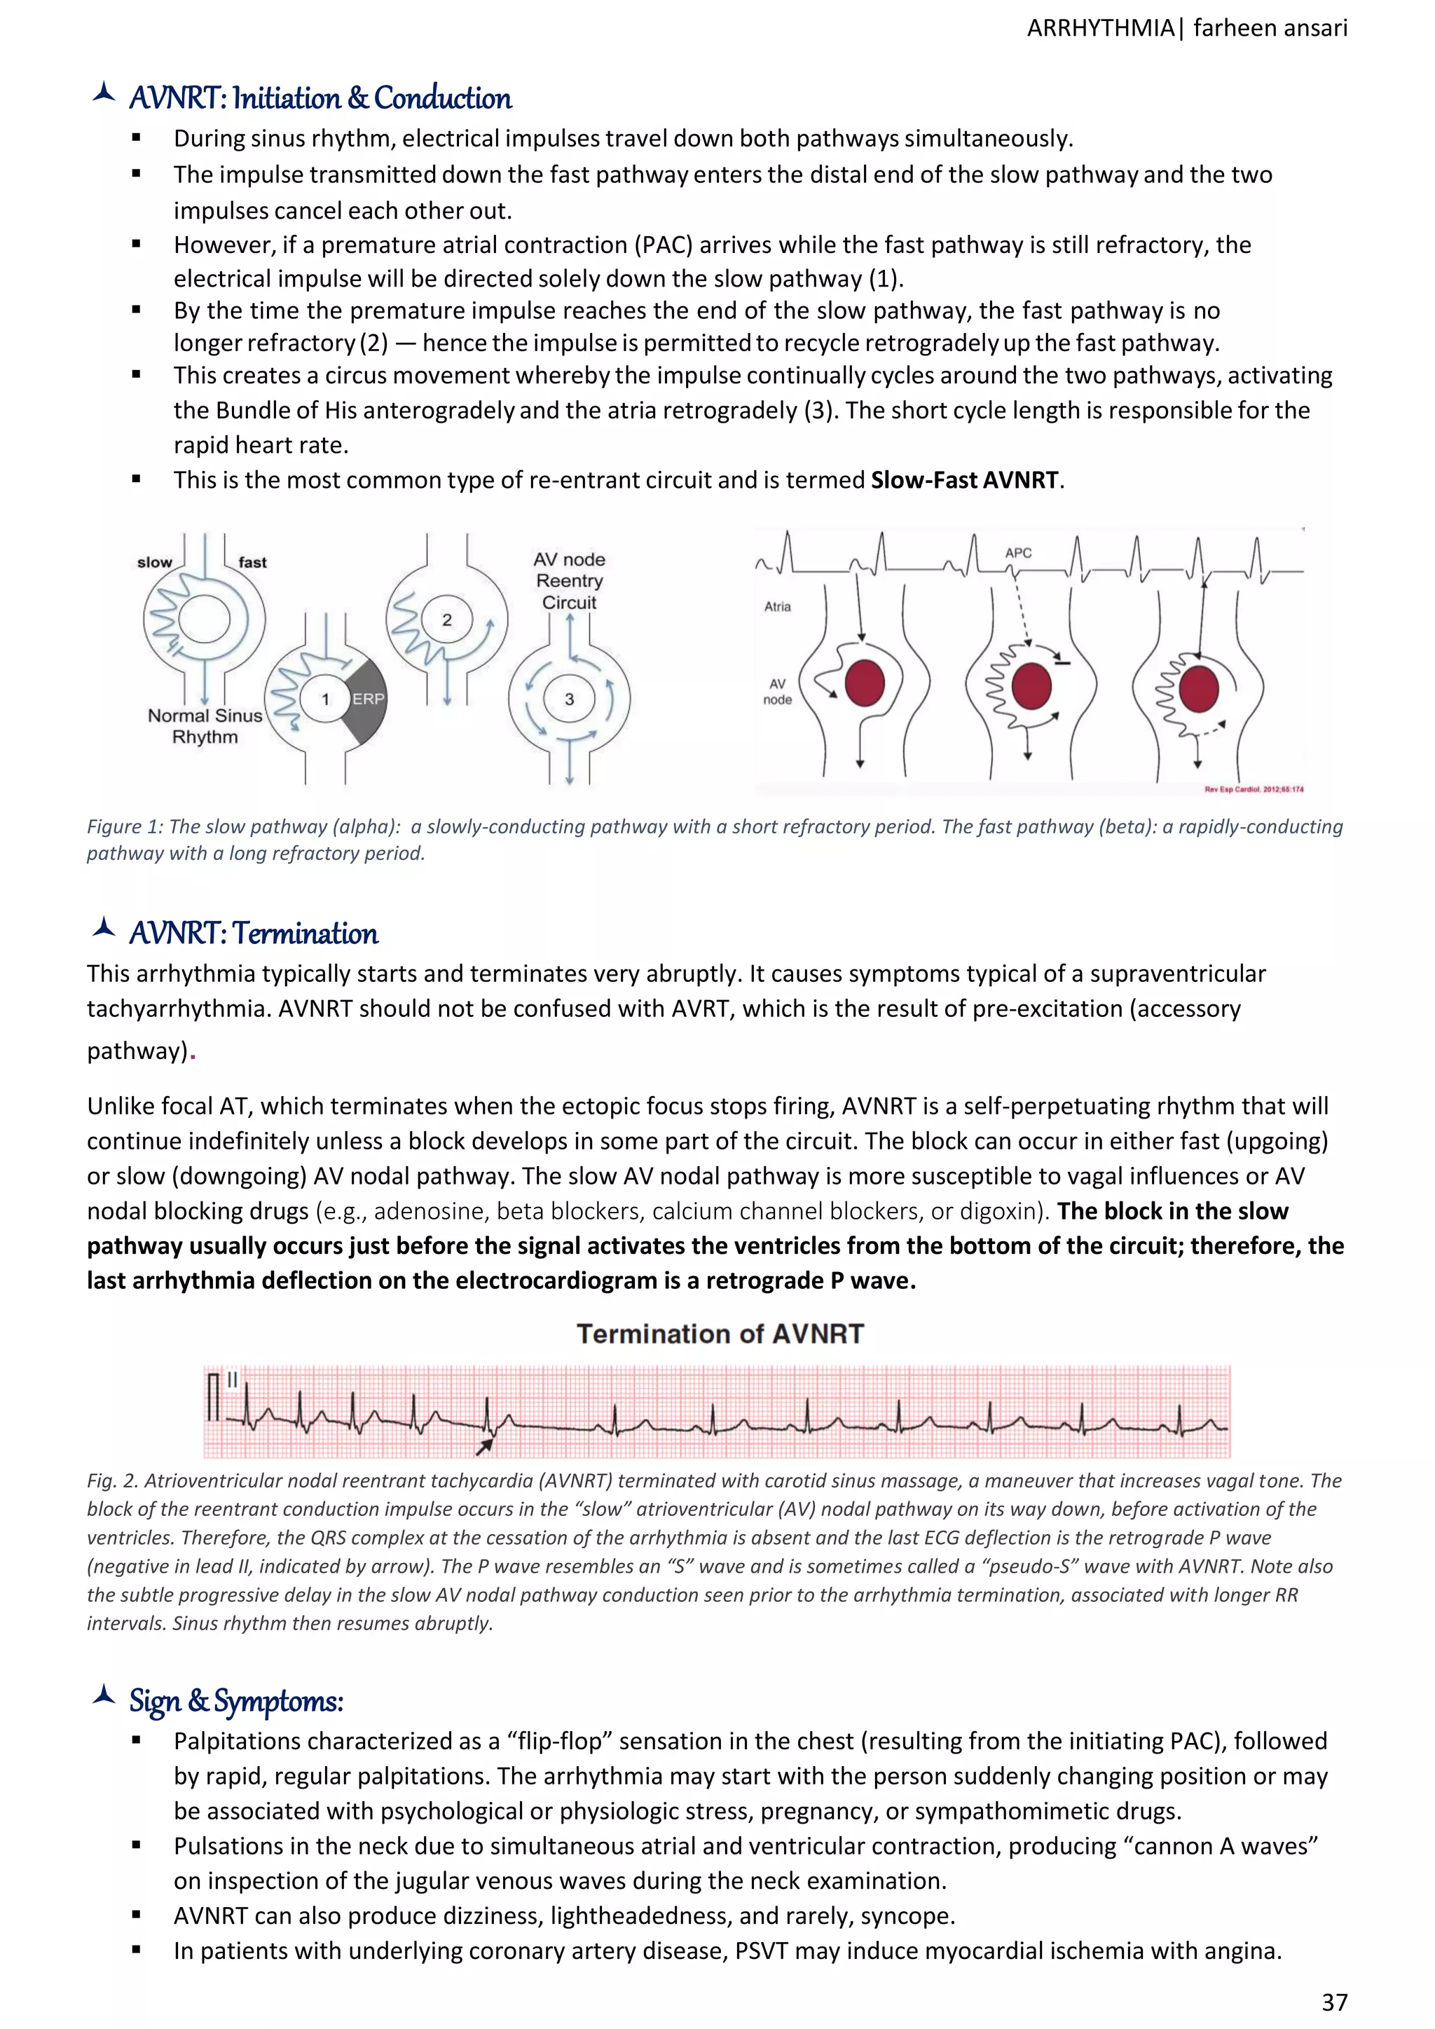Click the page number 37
pos(1334,2002)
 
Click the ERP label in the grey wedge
pos(369,698)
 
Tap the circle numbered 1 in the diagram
pos(325,699)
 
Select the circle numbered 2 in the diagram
pos(447,620)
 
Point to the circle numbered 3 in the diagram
pos(569,699)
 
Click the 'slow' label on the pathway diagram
pos(155,562)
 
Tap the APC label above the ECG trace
pos(1018,552)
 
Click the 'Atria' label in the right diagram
pos(778,606)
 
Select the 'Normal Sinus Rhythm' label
pos(205,726)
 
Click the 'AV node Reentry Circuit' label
pos(569,580)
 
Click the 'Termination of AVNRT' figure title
pos(720,1334)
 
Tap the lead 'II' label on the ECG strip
pos(233,1379)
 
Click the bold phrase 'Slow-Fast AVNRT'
pos(964,480)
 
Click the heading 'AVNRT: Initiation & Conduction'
pos(320,98)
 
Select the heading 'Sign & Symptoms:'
pos(236,1701)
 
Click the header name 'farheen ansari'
pos(1270,28)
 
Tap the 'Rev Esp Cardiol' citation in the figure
pos(1253,789)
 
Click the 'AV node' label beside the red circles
pos(778,691)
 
